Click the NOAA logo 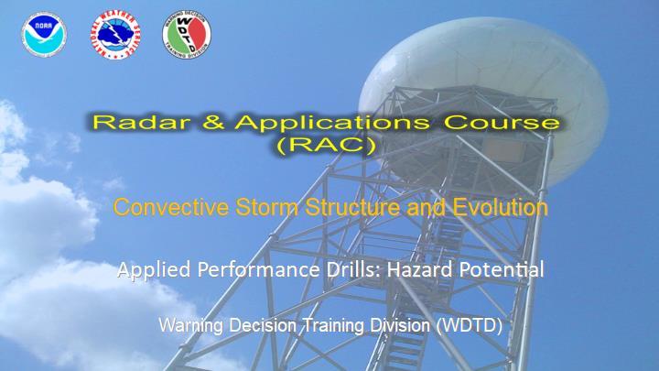(44, 35)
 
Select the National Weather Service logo (115, 35)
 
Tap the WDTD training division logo (187, 35)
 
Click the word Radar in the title (141, 123)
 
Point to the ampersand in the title (213, 123)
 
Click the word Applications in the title (332, 124)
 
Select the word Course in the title (502, 123)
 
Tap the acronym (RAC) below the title (327, 146)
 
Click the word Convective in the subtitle (171, 207)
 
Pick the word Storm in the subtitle (267, 207)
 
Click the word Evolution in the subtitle (500, 207)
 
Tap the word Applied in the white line (154, 270)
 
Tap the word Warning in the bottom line (190, 326)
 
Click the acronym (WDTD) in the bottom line (470, 325)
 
